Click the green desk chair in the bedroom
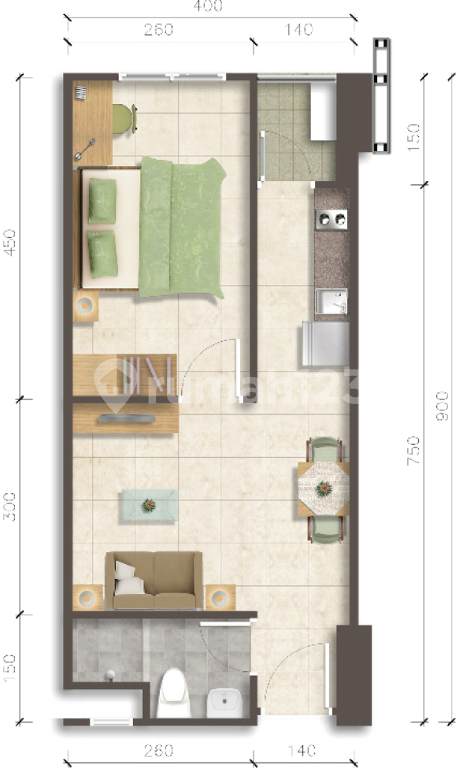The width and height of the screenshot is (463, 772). click(x=123, y=117)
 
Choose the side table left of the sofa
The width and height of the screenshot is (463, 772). click(x=87, y=597)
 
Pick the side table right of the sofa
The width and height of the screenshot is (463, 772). click(x=220, y=597)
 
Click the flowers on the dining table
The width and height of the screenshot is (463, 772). click(x=323, y=489)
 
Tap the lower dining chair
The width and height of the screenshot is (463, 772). click(x=326, y=529)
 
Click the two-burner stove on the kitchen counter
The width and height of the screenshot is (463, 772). click(x=332, y=219)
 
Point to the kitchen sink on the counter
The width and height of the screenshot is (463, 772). click(x=332, y=301)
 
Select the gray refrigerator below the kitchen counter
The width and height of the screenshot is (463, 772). click(x=324, y=345)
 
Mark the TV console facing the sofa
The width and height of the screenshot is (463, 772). click(x=125, y=419)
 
